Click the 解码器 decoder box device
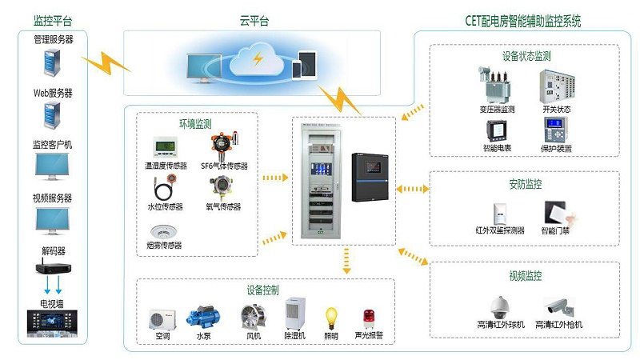52,268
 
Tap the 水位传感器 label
165,206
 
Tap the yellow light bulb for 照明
331,318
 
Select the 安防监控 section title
526,184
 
